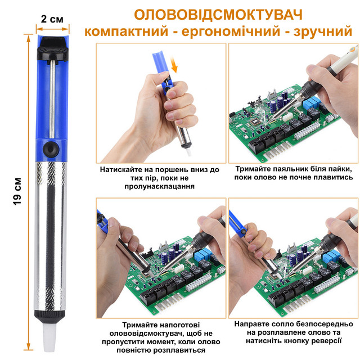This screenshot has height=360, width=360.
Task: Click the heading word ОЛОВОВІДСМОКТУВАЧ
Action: pos(218,15)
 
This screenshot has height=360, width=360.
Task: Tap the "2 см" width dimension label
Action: pos(52,19)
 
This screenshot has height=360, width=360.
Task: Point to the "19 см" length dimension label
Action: pos(17,191)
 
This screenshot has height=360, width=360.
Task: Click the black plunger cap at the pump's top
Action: pos(52,48)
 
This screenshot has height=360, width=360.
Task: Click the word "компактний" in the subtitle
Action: pos(127,31)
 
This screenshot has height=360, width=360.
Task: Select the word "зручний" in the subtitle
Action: pos(322,31)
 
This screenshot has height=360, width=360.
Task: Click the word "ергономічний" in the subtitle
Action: pos(231,31)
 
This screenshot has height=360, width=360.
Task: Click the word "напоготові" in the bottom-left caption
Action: pos(179,325)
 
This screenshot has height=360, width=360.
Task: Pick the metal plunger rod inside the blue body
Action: pos(52,100)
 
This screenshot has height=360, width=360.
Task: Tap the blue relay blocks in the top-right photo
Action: pos(312,103)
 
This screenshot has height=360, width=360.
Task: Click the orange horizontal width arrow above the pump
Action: pos(52,29)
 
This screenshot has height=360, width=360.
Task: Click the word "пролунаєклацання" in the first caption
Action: pos(160,186)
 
